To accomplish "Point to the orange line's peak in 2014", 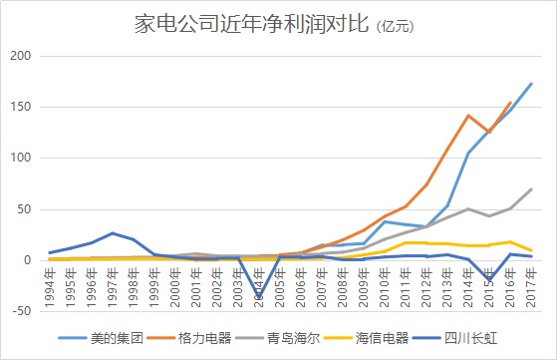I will (x=468, y=116).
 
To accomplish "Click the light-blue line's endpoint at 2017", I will (x=531, y=84).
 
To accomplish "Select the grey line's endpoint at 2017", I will (x=531, y=188).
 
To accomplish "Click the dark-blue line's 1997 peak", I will (x=113, y=233).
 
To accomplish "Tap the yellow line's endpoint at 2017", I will (x=531, y=250).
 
